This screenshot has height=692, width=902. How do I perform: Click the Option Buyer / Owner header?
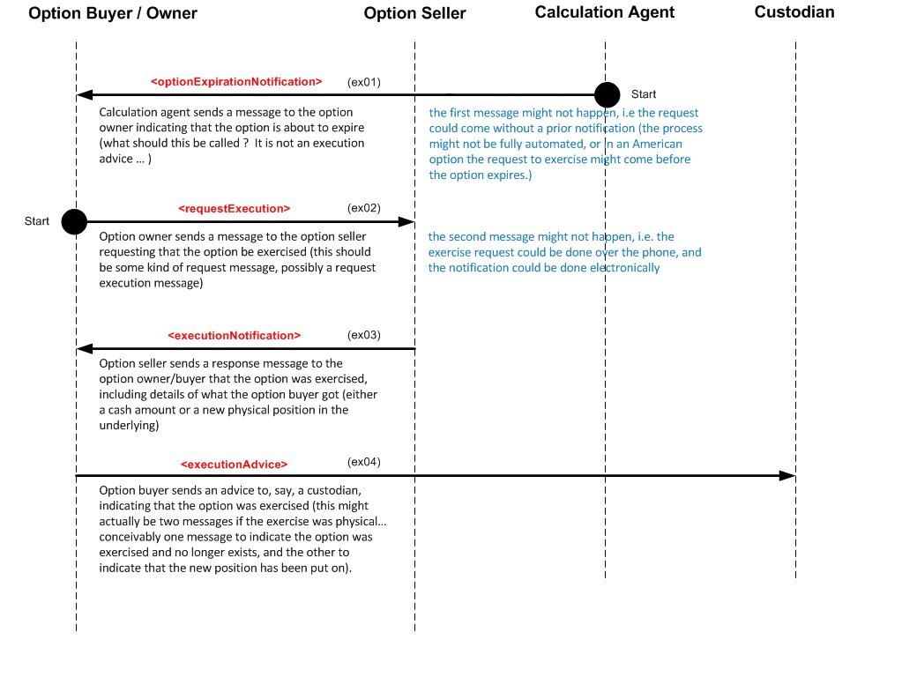tap(113, 13)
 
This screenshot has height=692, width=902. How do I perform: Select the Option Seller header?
tap(414, 13)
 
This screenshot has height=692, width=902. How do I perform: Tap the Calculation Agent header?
tap(605, 12)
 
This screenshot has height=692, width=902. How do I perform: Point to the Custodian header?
tap(794, 12)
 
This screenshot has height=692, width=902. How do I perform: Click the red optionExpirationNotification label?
tap(236, 82)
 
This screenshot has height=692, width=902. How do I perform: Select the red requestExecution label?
tap(234, 209)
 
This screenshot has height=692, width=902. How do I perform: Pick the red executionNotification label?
tap(235, 336)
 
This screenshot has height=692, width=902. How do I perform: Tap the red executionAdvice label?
tap(234, 464)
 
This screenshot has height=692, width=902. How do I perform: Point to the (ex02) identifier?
tap(364, 209)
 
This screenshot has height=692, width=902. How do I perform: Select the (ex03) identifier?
tap(364, 335)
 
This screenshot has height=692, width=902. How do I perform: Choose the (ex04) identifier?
tap(364, 462)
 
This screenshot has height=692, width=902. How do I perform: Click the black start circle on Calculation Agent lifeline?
tap(606, 94)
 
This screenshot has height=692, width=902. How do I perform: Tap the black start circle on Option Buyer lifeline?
tap(75, 222)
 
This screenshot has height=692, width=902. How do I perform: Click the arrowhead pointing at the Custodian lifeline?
tap(787, 476)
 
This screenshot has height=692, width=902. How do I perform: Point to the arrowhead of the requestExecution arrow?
tap(407, 222)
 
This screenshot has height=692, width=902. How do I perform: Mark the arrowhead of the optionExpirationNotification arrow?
tap(84, 94)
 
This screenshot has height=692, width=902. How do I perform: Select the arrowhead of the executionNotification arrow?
tap(84, 349)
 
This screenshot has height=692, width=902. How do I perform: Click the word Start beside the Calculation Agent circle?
tap(643, 94)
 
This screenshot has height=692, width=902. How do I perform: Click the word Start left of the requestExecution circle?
tap(37, 221)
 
